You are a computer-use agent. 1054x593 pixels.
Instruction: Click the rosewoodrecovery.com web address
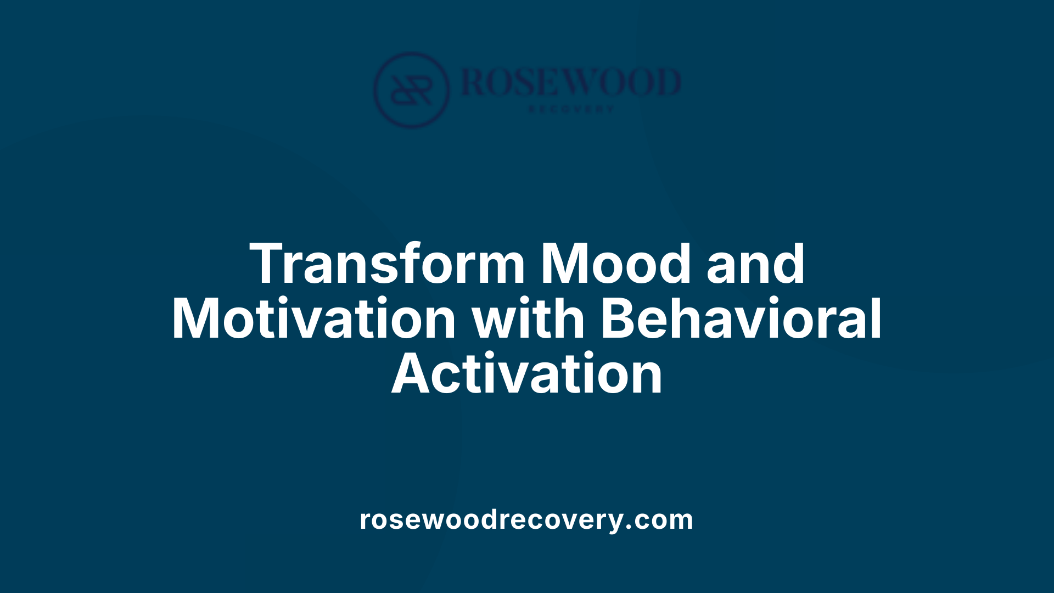[526, 519]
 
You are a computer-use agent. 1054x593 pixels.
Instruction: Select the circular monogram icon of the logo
[411, 89]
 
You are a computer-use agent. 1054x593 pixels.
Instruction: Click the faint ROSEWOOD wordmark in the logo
[571, 82]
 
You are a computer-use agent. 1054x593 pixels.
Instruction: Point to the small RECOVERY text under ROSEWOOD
[571, 109]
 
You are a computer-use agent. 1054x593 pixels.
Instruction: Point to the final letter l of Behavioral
[876, 318]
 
